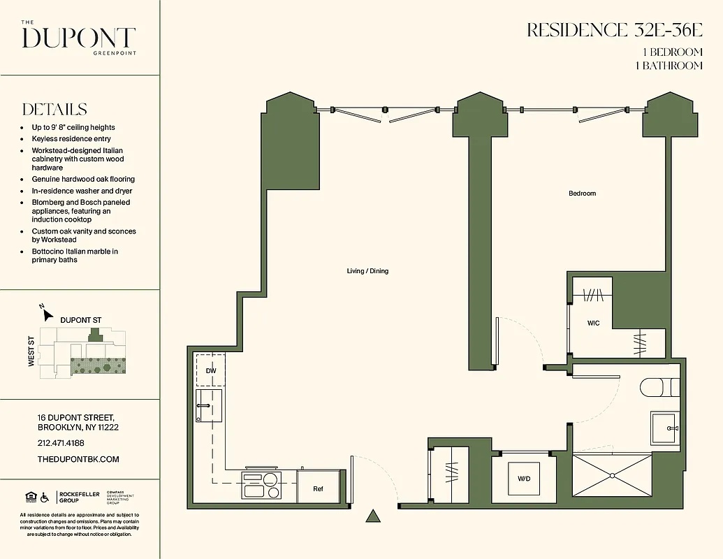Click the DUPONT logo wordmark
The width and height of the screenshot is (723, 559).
pyautogui.click(x=78, y=38)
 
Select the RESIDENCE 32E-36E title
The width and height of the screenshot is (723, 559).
pyautogui.click(x=614, y=30)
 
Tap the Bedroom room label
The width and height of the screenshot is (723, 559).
pyautogui.click(x=582, y=194)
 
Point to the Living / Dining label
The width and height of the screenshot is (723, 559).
pyautogui.click(x=367, y=271)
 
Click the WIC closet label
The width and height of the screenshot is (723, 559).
pyautogui.click(x=593, y=324)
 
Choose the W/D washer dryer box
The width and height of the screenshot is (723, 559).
pyautogui.click(x=523, y=479)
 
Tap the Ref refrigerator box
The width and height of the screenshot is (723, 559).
pyautogui.click(x=319, y=489)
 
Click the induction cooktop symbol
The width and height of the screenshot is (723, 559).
pyautogui.click(x=261, y=484)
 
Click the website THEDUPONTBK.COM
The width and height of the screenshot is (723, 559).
pyautogui.click(x=78, y=459)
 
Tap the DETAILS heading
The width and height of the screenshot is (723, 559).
pyautogui.click(x=54, y=110)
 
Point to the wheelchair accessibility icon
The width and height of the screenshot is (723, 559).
pyautogui.click(x=44, y=498)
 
